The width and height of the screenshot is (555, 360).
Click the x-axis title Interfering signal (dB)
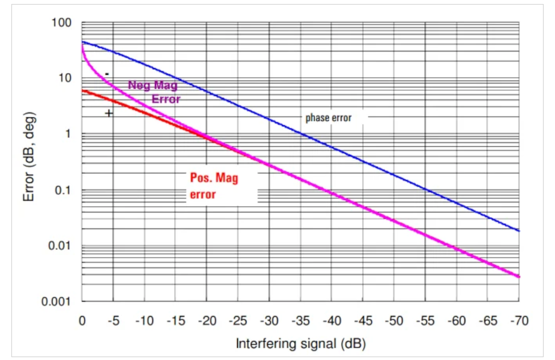pos(301,343)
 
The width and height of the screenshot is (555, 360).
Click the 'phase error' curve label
pos(328,118)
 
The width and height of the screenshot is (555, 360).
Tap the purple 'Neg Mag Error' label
pos(154,92)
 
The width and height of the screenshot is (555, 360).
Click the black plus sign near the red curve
pos(109,113)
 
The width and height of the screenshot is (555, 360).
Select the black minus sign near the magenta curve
pos(107,74)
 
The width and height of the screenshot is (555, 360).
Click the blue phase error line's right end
pos(518,231)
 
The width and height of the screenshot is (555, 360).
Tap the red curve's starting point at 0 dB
pos(83,90)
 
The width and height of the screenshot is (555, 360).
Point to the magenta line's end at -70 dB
pos(518,277)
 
